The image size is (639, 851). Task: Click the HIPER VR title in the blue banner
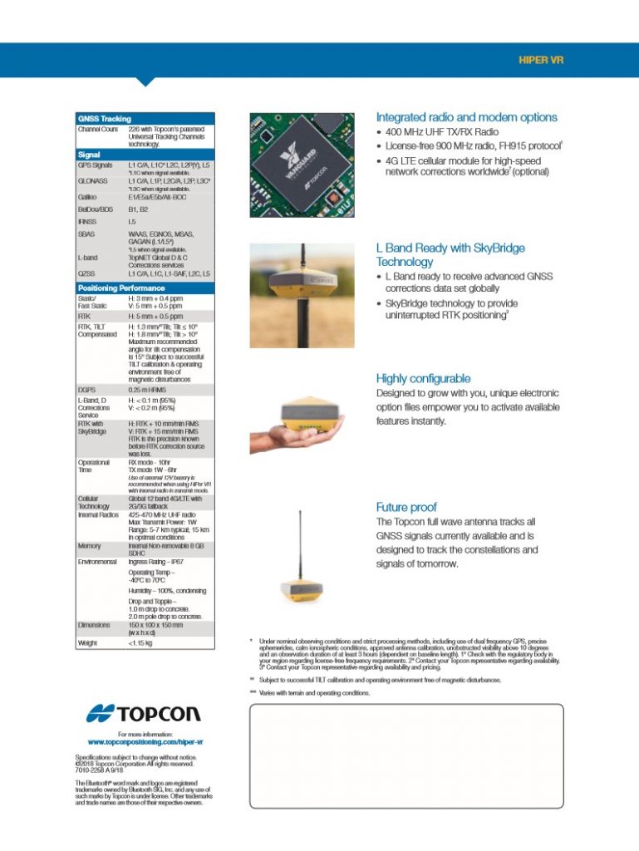point(541,61)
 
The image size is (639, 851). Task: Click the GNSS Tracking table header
point(104,119)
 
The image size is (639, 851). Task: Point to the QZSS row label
point(86,273)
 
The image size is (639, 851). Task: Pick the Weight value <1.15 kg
point(140,642)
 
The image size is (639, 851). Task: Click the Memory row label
point(89,547)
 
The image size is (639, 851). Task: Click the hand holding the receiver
point(287,434)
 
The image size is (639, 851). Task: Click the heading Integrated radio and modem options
point(467,117)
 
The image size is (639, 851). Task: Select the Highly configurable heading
point(423,378)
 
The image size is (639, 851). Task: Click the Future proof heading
point(406,507)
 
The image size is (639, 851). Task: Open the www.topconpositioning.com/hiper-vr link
point(145,741)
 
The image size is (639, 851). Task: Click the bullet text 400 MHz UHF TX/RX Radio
point(442,132)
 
